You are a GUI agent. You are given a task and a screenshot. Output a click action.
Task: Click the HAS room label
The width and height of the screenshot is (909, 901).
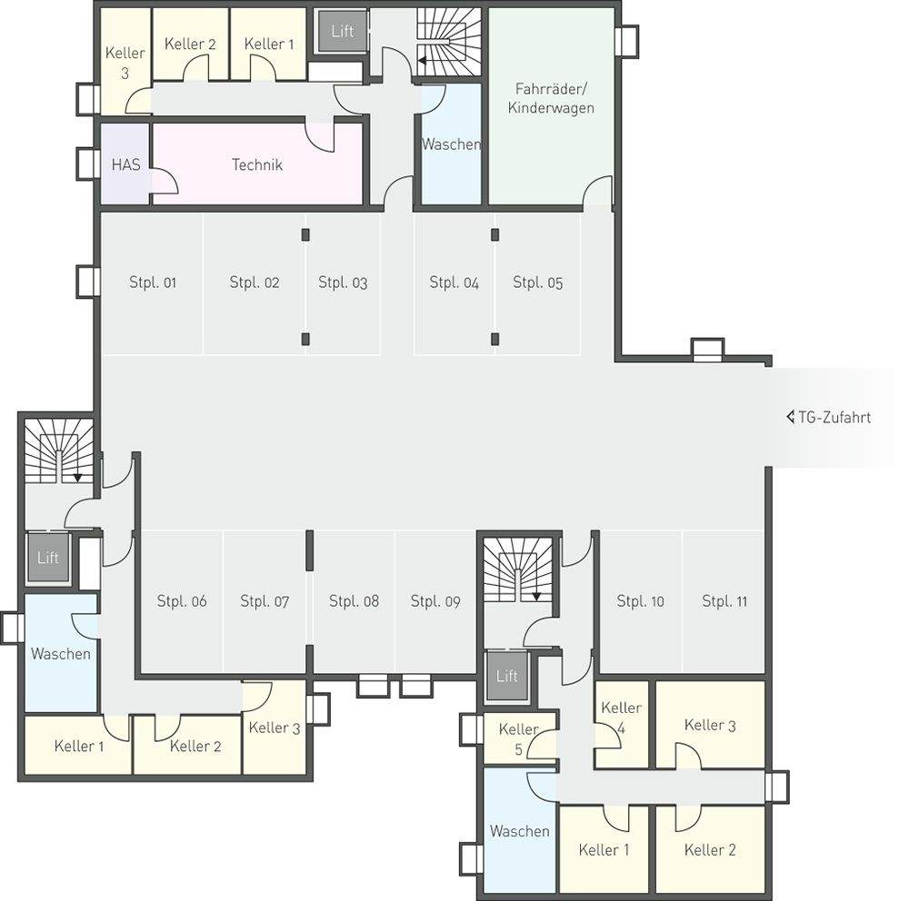(x=125, y=164)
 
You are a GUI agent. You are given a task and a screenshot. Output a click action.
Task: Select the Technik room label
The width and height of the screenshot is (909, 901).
(x=257, y=164)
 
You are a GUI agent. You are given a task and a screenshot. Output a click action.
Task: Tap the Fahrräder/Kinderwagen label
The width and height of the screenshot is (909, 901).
(x=551, y=98)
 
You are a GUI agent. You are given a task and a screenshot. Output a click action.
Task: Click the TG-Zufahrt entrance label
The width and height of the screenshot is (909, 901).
(x=834, y=417)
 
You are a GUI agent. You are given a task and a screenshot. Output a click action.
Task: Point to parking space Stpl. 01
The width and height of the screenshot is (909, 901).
(x=153, y=282)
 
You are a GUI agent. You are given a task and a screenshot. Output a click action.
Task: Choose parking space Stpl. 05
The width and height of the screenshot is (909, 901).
(x=538, y=282)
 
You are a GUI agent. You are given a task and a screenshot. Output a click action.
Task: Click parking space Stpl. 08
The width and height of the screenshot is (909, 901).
(x=354, y=601)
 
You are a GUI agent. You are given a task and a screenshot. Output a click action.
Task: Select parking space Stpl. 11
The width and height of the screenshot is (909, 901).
(x=724, y=601)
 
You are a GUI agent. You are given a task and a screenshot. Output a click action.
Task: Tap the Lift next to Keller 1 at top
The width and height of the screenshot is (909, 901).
(x=342, y=31)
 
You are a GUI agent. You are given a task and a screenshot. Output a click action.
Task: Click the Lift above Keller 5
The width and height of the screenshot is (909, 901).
(x=507, y=676)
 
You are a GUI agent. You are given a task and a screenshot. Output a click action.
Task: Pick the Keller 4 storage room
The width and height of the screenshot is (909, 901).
(x=622, y=724)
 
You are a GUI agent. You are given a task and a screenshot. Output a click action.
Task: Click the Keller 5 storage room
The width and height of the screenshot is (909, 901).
(x=519, y=738)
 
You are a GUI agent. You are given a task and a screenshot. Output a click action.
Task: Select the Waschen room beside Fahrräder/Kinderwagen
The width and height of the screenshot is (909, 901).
(x=451, y=144)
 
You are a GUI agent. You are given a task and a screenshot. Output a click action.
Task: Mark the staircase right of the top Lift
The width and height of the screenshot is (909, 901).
(x=449, y=42)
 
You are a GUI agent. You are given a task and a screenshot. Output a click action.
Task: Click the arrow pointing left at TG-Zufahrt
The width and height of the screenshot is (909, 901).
(x=790, y=417)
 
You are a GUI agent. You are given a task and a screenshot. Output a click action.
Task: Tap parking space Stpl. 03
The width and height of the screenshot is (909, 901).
(x=343, y=282)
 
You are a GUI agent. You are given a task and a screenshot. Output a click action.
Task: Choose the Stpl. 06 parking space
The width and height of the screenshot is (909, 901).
(x=182, y=601)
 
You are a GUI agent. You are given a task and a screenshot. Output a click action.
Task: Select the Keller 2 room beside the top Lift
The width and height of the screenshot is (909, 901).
(x=190, y=44)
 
